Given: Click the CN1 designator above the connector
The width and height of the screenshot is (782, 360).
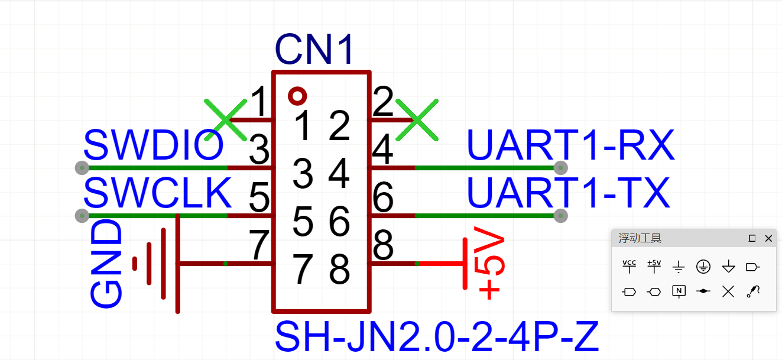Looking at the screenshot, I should tap(314, 50).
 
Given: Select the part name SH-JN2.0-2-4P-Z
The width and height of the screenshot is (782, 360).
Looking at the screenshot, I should tap(437, 338).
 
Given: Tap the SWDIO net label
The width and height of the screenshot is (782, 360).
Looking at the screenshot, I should tap(154, 145).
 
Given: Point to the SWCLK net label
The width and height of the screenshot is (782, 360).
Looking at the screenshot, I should tap(157, 193).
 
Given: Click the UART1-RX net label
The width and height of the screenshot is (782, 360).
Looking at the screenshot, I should tap(570, 145).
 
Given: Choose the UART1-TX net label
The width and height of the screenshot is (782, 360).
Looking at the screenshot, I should tap(568, 193).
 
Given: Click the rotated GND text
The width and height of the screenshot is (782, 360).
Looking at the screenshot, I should tap(106, 264).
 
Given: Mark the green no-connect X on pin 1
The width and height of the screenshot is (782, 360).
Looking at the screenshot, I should tap(225, 120).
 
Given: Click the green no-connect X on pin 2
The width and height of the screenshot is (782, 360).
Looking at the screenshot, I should tap(417, 120).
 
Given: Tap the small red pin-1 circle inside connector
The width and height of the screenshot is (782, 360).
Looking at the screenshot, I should tap(297, 95).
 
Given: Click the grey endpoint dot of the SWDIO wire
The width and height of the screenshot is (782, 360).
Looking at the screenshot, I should tap(82, 168).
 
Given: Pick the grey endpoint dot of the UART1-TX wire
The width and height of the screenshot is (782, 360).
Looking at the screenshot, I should tap(561, 216).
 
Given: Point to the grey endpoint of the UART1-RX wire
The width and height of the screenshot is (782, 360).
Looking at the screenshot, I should tap(561, 168).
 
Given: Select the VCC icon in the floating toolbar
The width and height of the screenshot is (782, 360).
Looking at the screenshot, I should tap(630, 267).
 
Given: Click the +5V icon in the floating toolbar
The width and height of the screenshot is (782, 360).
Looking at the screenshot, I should tap(654, 267).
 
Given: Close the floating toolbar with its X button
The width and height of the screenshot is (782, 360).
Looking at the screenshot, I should tap(768, 238).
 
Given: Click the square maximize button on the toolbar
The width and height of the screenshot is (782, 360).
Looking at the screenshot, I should tap(752, 238).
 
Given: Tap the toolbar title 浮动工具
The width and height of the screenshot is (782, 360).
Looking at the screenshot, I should tap(640, 238).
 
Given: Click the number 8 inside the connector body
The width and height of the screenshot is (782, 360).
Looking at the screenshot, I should tap(339, 270).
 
